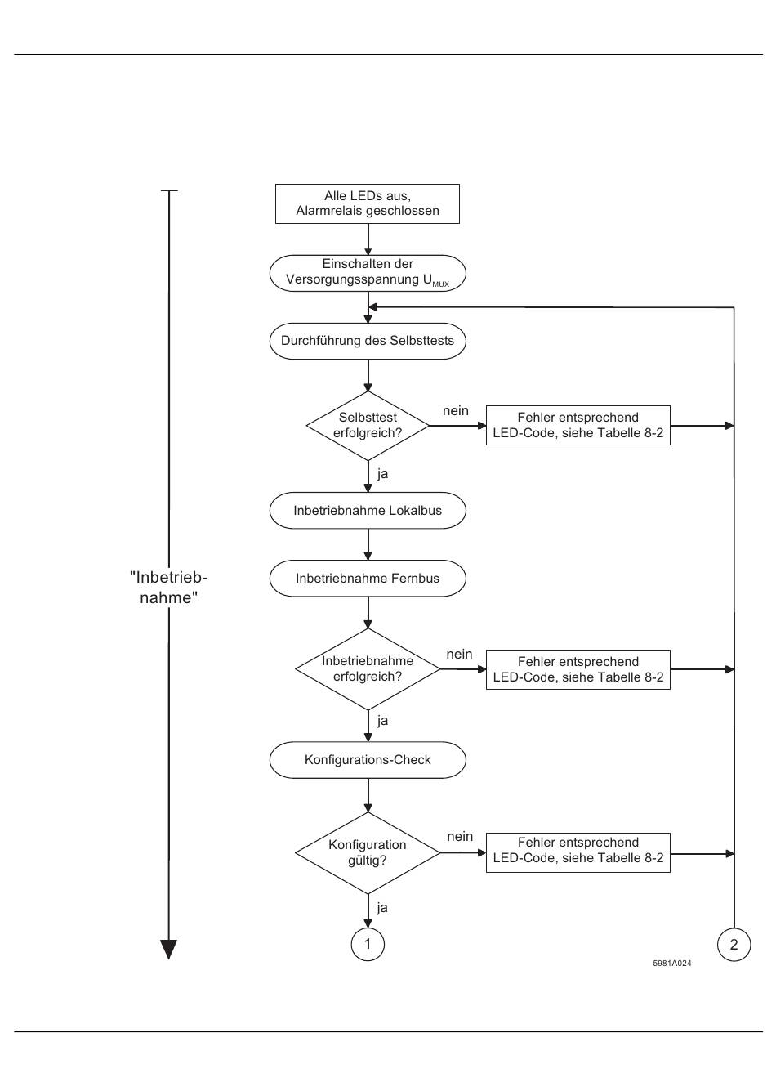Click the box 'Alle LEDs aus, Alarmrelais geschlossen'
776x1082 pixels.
[x=367, y=203]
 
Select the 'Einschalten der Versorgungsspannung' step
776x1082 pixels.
[x=368, y=273]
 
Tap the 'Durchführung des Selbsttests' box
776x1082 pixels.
[x=368, y=341]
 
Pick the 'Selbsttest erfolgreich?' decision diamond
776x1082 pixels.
[x=368, y=426]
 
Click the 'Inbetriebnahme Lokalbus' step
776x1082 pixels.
[x=368, y=511]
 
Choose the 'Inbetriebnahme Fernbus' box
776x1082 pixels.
[x=368, y=579]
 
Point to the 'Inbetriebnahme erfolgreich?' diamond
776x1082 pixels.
[x=368, y=669]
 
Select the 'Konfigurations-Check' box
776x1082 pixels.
[x=368, y=760]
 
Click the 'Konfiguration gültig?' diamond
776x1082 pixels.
[x=368, y=853]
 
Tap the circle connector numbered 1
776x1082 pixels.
[x=368, y=945]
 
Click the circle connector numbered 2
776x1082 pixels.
[x=734, y=945]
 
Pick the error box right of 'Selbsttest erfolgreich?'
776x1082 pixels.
[x=578, y=425]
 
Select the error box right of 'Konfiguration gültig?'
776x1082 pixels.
[x=578, y=852]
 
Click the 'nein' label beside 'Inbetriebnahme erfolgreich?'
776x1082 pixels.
[x=459, y=655]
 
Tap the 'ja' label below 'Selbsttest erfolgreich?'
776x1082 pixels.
[x=382, y=474]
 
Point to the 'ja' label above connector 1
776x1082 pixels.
[x=382, y=908]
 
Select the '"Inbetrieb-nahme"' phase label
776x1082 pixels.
[x=168, y=588]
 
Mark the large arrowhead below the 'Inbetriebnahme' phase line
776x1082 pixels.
[x=168, y=950]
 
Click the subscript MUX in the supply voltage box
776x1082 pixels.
[x=441, y=284]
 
